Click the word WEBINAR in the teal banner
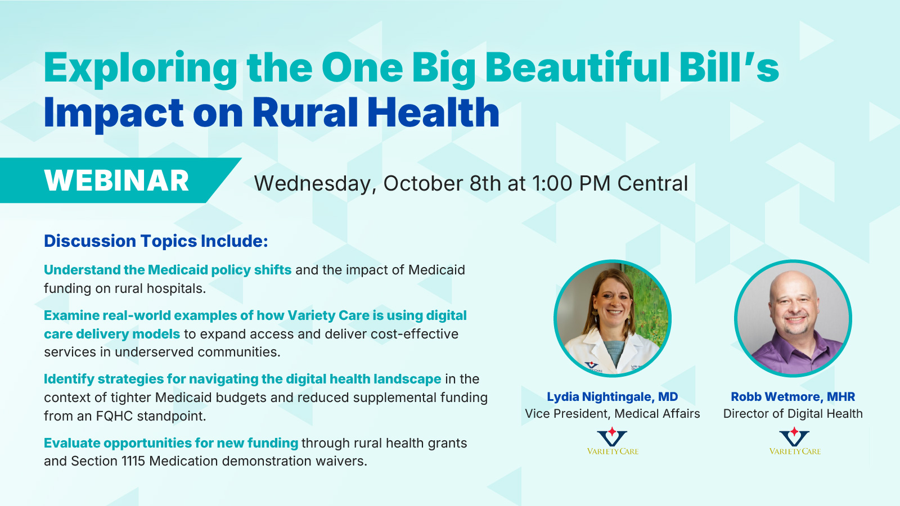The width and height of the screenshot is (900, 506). coord(116,180)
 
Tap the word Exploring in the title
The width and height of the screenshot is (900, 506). coord(141,69)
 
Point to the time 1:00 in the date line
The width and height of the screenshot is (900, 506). coord(552,183)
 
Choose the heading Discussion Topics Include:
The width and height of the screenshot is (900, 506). coord(156,241)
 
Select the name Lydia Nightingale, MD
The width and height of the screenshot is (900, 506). coord(613,397)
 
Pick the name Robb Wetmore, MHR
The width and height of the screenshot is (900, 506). coord(793,397)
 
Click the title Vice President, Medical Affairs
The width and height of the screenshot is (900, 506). coord(613,414)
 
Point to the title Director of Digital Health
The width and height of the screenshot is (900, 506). coord(793,414)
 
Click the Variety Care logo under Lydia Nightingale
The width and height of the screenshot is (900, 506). coord(613,441)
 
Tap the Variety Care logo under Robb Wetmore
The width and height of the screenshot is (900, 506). coord(795,441)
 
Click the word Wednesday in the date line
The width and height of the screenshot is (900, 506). coord(315,184)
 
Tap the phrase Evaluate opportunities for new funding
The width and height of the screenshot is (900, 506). coord(171,443)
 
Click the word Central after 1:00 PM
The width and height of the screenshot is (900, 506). coord(652,183)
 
